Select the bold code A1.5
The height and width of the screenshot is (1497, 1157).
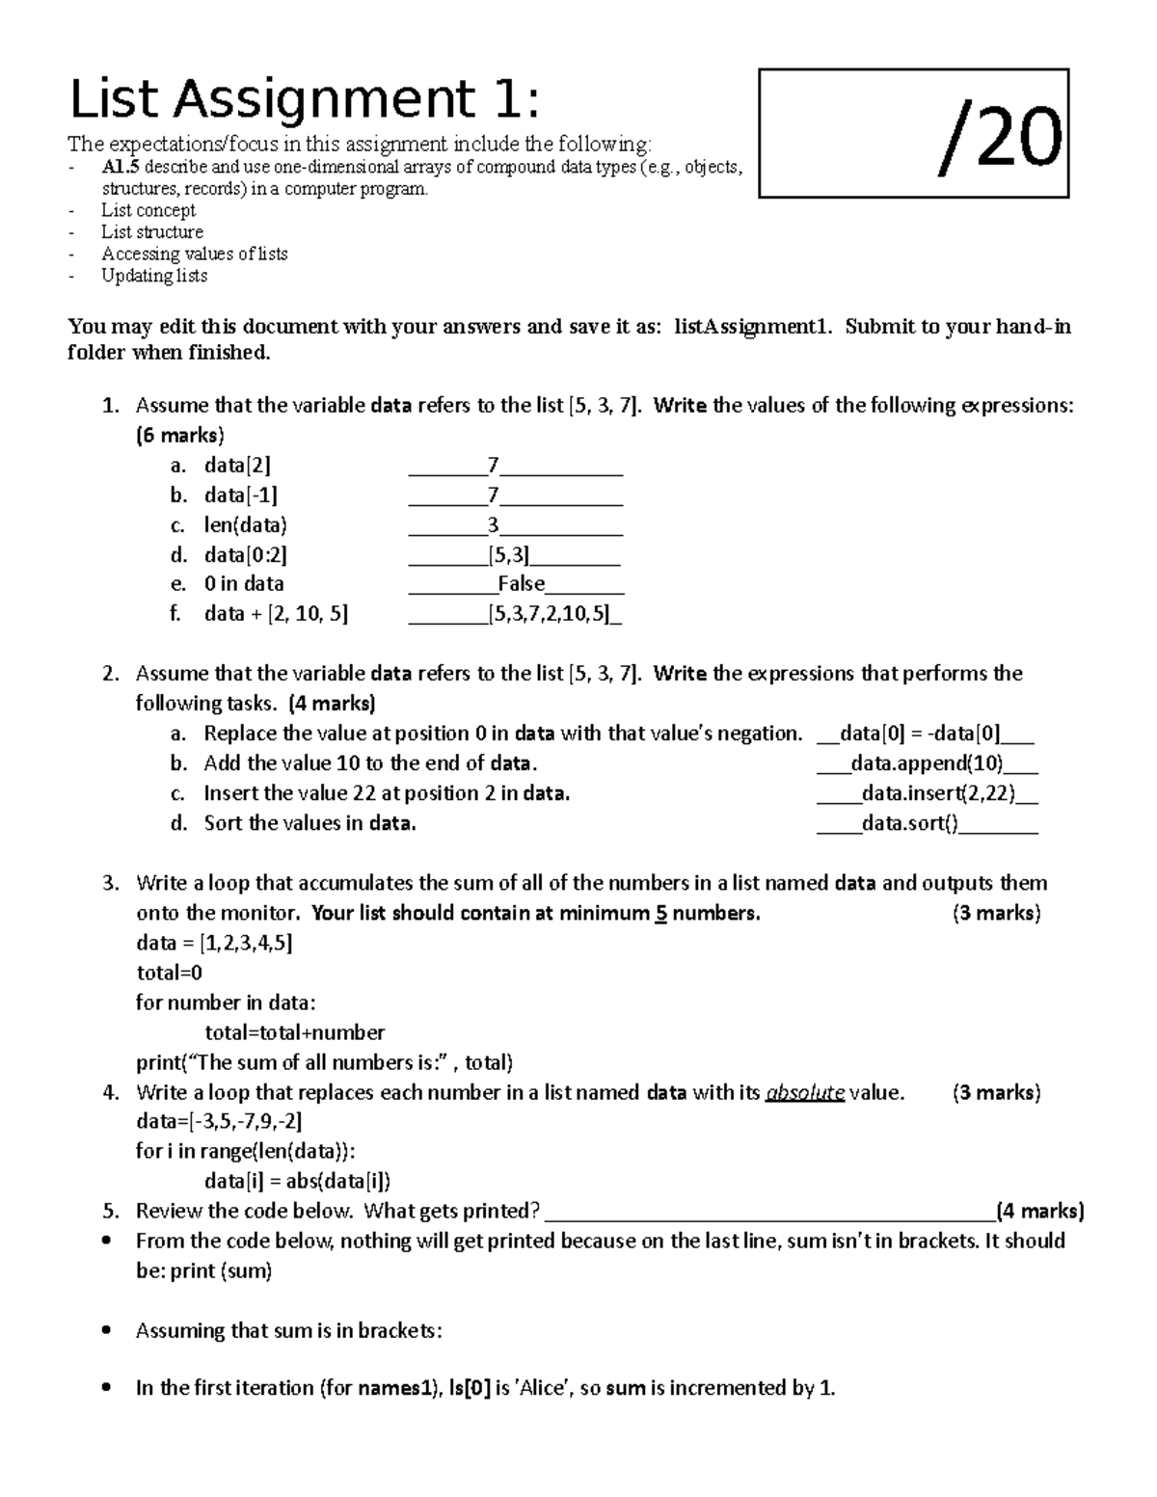[x=121, y=167]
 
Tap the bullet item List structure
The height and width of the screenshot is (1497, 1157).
[x=151, y=232]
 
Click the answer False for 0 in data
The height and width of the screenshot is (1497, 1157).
[x=521, y=584]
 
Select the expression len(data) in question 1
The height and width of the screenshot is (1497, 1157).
[x=245, y=525]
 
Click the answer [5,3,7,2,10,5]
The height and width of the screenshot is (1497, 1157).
[x=549, y=614]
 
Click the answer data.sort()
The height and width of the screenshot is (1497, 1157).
[x=909, y=824]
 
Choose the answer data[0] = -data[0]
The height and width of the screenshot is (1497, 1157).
[x=920, y=735]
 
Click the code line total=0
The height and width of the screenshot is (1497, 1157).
[x=169, y=973]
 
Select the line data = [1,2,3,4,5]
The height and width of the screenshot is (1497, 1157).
[x=214, y=943]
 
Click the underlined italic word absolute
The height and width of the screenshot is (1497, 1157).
[x=804, y=1093]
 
